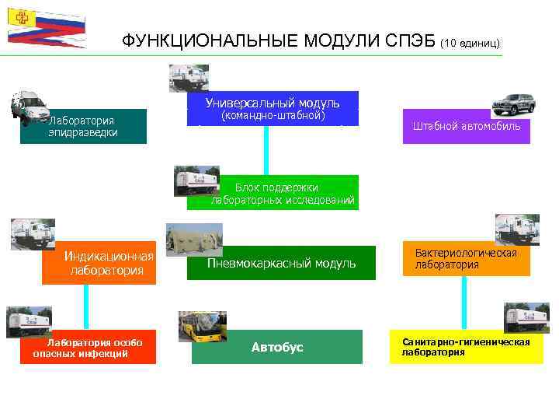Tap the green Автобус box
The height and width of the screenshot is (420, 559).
click(277, 347)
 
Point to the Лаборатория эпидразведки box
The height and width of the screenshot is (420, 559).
click(95, 127)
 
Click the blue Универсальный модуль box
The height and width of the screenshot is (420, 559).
click(273, 109)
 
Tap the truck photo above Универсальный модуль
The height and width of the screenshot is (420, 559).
click(189, 78)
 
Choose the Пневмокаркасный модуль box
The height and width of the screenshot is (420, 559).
click(281, 263)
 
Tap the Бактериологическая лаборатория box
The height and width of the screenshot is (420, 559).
click(466, 260)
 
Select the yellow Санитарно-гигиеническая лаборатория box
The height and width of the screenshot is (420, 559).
click(467, 347)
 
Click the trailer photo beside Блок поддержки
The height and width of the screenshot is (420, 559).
click(197, 180)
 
